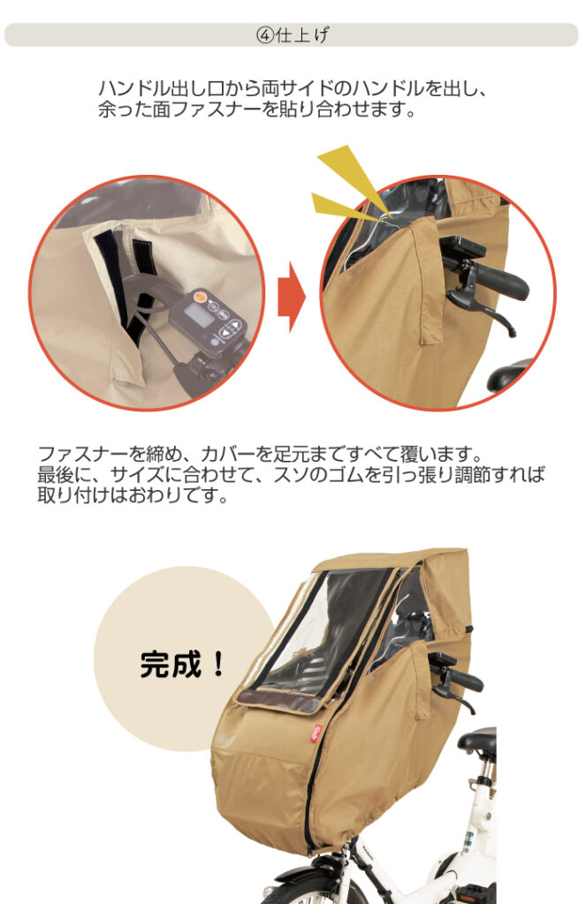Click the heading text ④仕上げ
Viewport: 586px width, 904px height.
pyautogui.click(x=293, y=35)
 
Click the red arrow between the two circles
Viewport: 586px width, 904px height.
pyautogui.click(x=292, y=297)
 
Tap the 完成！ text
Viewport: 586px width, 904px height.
pyautogui.click(x=182, y=664)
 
